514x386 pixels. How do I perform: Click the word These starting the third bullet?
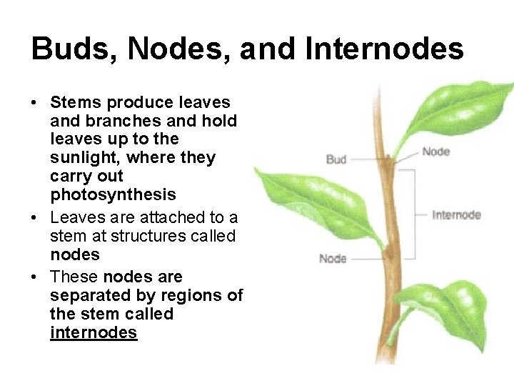[x=74, y=277]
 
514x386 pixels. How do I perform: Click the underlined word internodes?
[x=94, y=332]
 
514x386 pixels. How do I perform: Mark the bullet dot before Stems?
[x=34, y=103]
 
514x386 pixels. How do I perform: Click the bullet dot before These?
[x=34, y=277]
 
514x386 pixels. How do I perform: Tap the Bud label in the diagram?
[x=336, y=159]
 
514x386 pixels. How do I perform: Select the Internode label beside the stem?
[x=457, y=214]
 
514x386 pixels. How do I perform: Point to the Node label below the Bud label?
[x=332, y=258]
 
